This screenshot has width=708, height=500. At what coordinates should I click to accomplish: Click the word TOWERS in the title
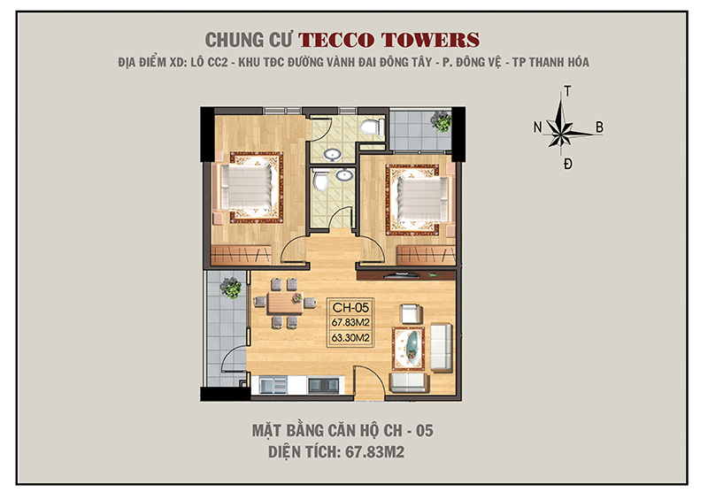pos(433,40)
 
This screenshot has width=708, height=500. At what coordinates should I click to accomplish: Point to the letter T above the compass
pos(567,91)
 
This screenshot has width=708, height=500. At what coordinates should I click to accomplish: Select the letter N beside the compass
pos(537,127)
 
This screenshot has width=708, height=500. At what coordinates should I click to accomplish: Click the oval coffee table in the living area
pos(411,344)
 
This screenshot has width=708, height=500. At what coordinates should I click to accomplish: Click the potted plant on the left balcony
pos(230,287)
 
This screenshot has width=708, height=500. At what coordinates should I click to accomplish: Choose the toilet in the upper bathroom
pos(373,129)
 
